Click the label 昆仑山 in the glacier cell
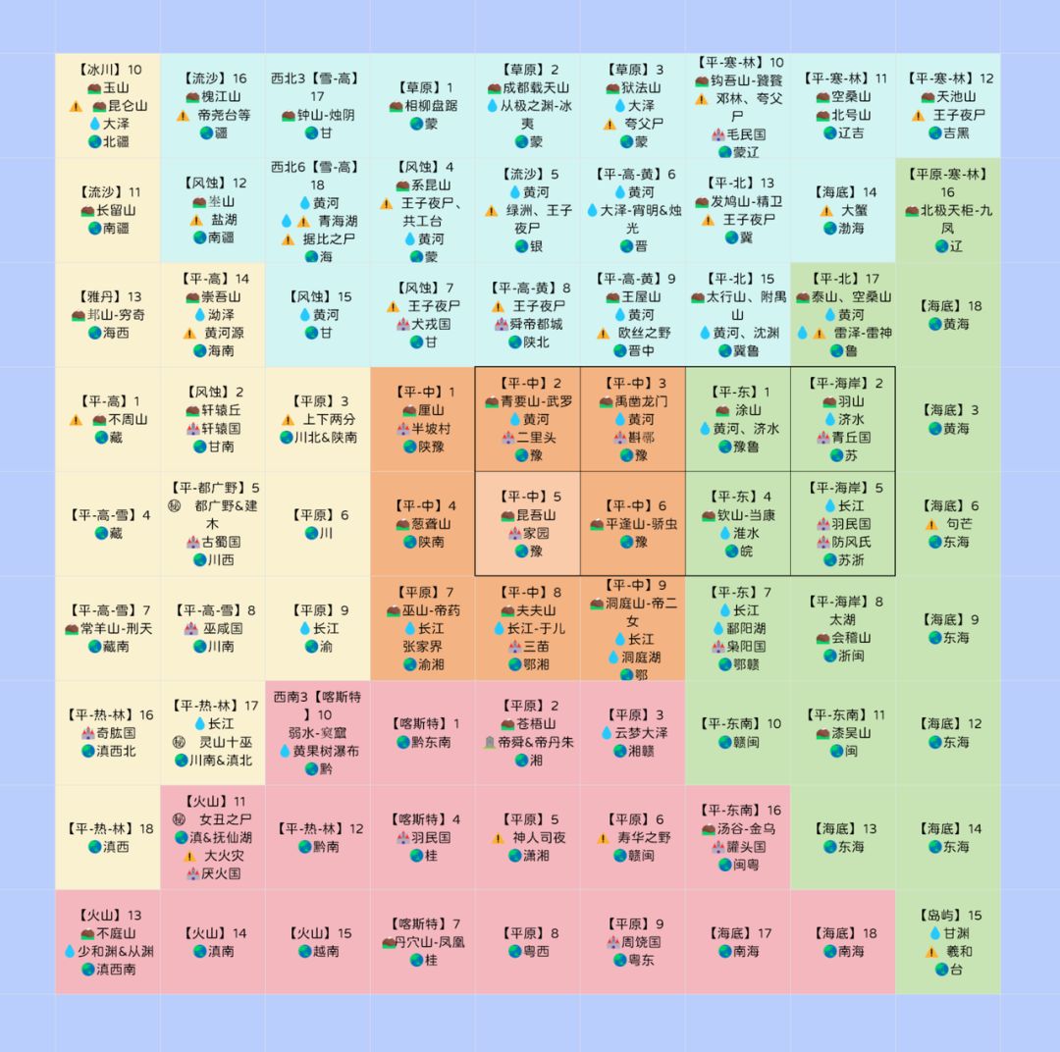click(127, 106)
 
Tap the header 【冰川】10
click(108, 70)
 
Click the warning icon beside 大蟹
click(826, 210)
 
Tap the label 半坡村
click(430, 429)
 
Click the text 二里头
click(536, 438)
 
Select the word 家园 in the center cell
click(536, 533)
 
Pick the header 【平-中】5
click(528, 497)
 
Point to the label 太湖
click(842, 619)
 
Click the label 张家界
click(423, 647)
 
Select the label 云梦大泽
click(641, 733)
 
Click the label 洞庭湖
click(641, 657)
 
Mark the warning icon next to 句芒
click(931, 524)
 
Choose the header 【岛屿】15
click(947, 915)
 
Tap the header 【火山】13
click(108, 915)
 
